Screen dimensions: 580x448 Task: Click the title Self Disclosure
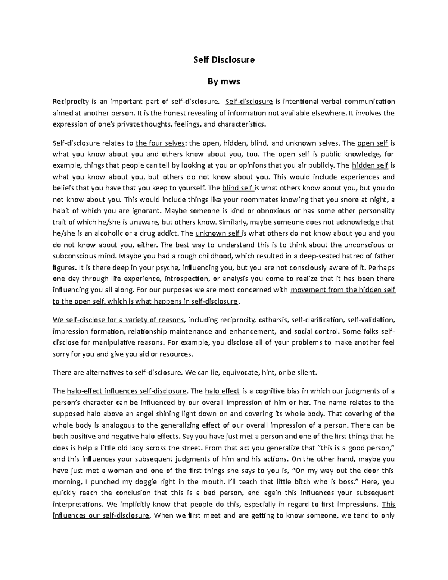pyautogui.click(x=224, y=60)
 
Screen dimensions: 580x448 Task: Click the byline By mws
pyautogui.click(x=224, y=81)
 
